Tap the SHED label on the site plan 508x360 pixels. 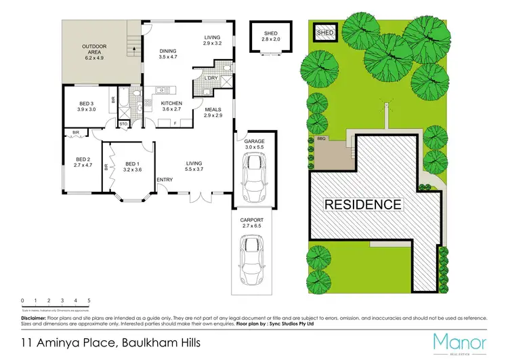[326, 31]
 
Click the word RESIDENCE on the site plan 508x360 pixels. [362, 204]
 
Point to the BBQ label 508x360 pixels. [321, 138]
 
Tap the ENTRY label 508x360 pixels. [165, 180]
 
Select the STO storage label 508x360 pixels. [124, 124]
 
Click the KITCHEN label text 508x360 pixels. [171, 103]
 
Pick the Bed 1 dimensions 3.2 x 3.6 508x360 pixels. [133, 170]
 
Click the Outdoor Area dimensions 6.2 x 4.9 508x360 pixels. [95, 58]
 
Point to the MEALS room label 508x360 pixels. [213, 108]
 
